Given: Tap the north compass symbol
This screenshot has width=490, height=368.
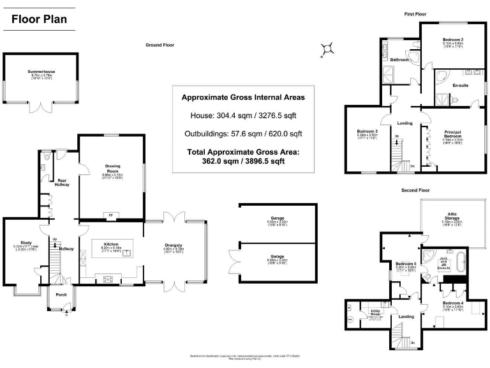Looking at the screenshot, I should click(329, 47).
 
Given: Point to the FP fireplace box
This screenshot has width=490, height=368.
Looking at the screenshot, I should click(110, 215).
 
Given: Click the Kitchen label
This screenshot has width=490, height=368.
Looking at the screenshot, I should click(111, 243).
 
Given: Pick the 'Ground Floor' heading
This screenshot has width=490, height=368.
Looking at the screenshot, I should click(160, 45).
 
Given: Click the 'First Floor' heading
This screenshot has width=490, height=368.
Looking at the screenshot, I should click(415, 13).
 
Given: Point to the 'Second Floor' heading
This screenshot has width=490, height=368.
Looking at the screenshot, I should click(416, 190).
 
